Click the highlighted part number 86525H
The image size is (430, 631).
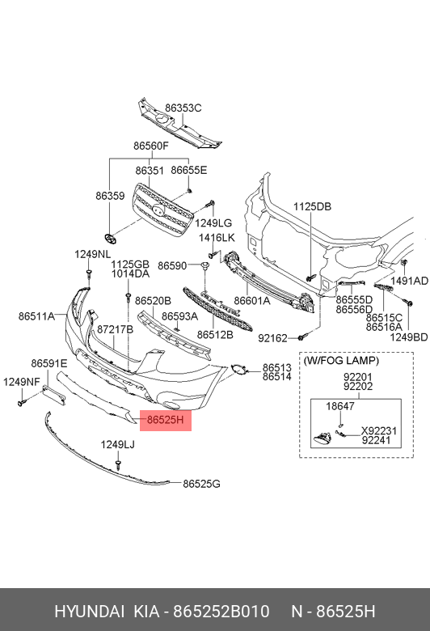(166, 420)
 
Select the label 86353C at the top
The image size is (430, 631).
(183, 108)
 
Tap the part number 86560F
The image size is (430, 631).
(151, 146)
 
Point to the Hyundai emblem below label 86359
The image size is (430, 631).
(110, 238)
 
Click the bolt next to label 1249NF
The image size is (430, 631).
(21, 402)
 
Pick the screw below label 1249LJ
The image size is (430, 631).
(118, 465)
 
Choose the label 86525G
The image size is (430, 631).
(201, 484)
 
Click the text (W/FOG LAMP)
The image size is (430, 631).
(341, 361)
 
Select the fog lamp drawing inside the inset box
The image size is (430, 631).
(322, 438)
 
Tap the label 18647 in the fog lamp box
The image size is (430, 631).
(340, 406)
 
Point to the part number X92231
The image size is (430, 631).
(378, 431)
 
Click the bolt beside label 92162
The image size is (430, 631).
(301, 337)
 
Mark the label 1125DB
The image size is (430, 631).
(312, 206)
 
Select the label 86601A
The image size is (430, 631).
(252, 300)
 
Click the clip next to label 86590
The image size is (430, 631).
(204, 265)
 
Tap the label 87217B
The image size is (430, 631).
(115, 329)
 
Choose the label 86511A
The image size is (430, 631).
(36, 316)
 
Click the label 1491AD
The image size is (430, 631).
(410, 281)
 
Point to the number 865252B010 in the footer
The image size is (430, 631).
(221, 612)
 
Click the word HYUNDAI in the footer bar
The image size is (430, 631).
(89, 612)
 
